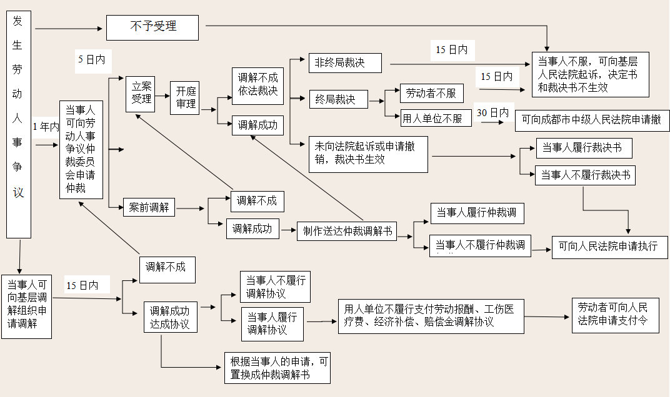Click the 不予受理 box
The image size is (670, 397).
[152, 27]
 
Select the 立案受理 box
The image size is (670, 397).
[140, 94]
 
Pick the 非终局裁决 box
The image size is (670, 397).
[345, 63]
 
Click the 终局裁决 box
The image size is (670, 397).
[339, 99]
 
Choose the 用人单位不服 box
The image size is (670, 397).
[436, 118]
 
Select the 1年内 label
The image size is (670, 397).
[46, 127]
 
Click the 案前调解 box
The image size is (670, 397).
[148, 207]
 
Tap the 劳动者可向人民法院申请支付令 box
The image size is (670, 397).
[616, 315]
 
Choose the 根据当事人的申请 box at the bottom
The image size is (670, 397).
[277, 368]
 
